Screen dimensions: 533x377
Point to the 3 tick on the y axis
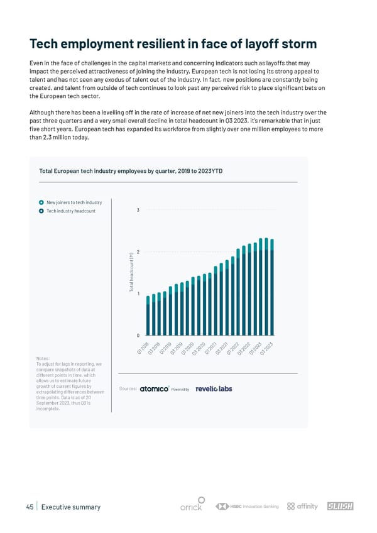[138, 210]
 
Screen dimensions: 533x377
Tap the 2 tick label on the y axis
[138, 252]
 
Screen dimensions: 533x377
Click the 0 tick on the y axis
[138, 335]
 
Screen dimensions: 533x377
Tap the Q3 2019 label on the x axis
[176, 348]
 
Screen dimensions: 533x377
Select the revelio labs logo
[214, 389]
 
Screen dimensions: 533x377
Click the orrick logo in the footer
[191, 507]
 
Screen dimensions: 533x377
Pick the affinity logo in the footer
[302, 507]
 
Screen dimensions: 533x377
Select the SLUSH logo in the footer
[341, 507]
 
